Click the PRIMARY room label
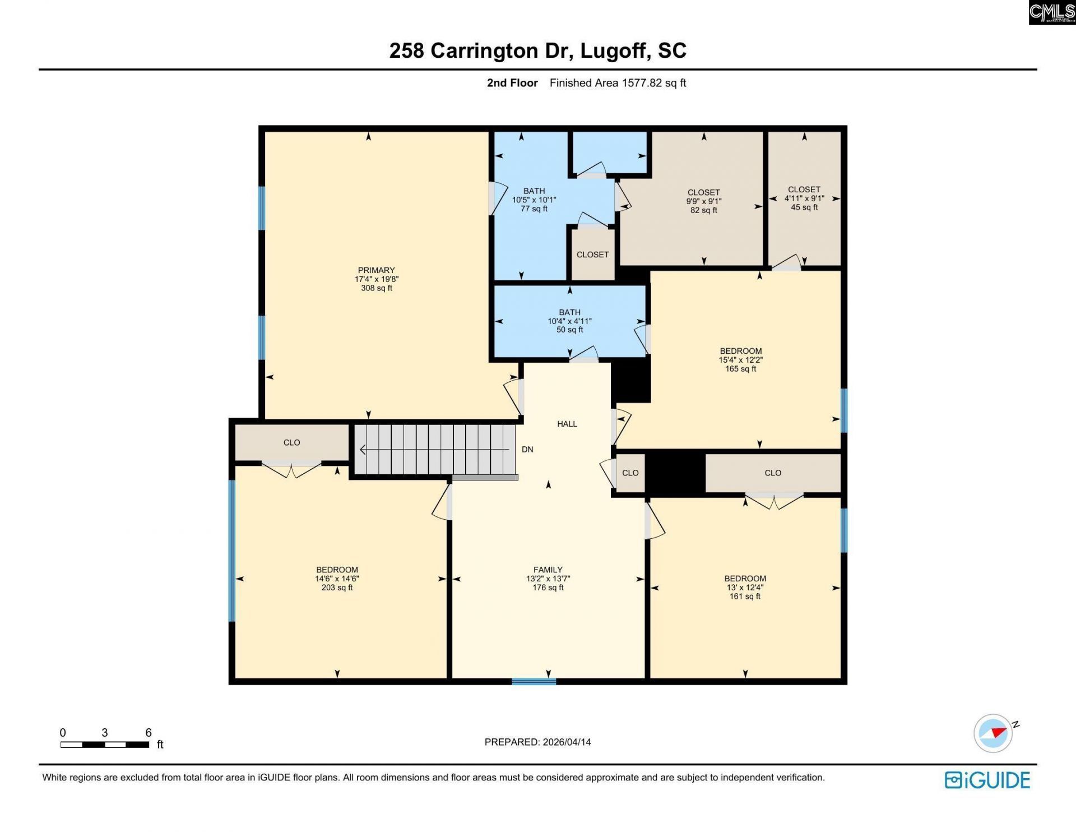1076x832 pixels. [376, 270]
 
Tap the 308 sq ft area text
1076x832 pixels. [376, 288]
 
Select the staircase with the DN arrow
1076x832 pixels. [435, 450]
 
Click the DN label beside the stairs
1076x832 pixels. [527, 450]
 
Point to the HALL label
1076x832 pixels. [567, 424]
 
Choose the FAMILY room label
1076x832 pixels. [548, 570]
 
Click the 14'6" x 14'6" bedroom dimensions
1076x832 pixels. [337, 579]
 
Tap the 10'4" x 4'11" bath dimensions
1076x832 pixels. [569, 321]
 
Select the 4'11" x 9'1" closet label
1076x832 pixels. [804, 198]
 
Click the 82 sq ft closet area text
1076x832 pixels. [703, 210]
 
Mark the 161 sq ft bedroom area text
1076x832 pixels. [745, 597]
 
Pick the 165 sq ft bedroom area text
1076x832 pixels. [740, 369]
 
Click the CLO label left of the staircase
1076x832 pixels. [291, 442]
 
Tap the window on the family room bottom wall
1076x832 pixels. [534, 681]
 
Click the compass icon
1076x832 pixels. [993, 733]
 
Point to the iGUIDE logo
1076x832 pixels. [987, 780]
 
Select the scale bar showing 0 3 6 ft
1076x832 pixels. [105, 745]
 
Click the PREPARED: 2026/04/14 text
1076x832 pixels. [537, 742]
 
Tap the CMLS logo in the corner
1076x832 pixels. [1051, 12]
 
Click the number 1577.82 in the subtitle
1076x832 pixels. [642, 83]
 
